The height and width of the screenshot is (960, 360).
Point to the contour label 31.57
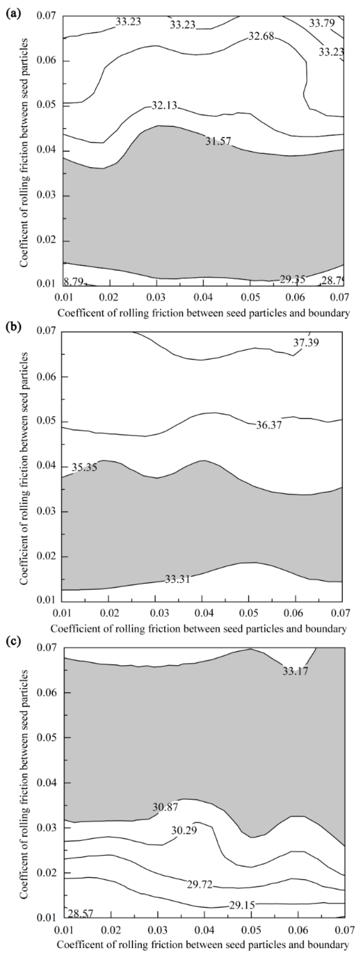point(218,141)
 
